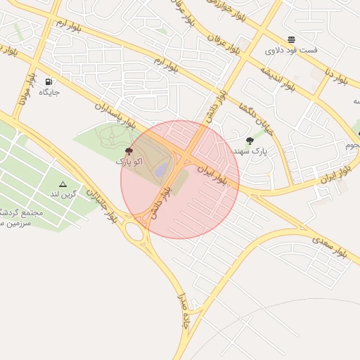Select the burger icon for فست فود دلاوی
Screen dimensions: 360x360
[x=291, y=39]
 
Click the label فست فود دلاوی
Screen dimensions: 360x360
[x=291, y=51]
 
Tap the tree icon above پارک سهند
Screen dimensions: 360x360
[x=250, y=141]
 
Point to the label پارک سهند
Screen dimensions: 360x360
[x=250, y=151]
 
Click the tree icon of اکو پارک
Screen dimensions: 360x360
[x=129, y=151]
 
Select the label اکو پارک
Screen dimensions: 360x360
[x=129, y=162]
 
